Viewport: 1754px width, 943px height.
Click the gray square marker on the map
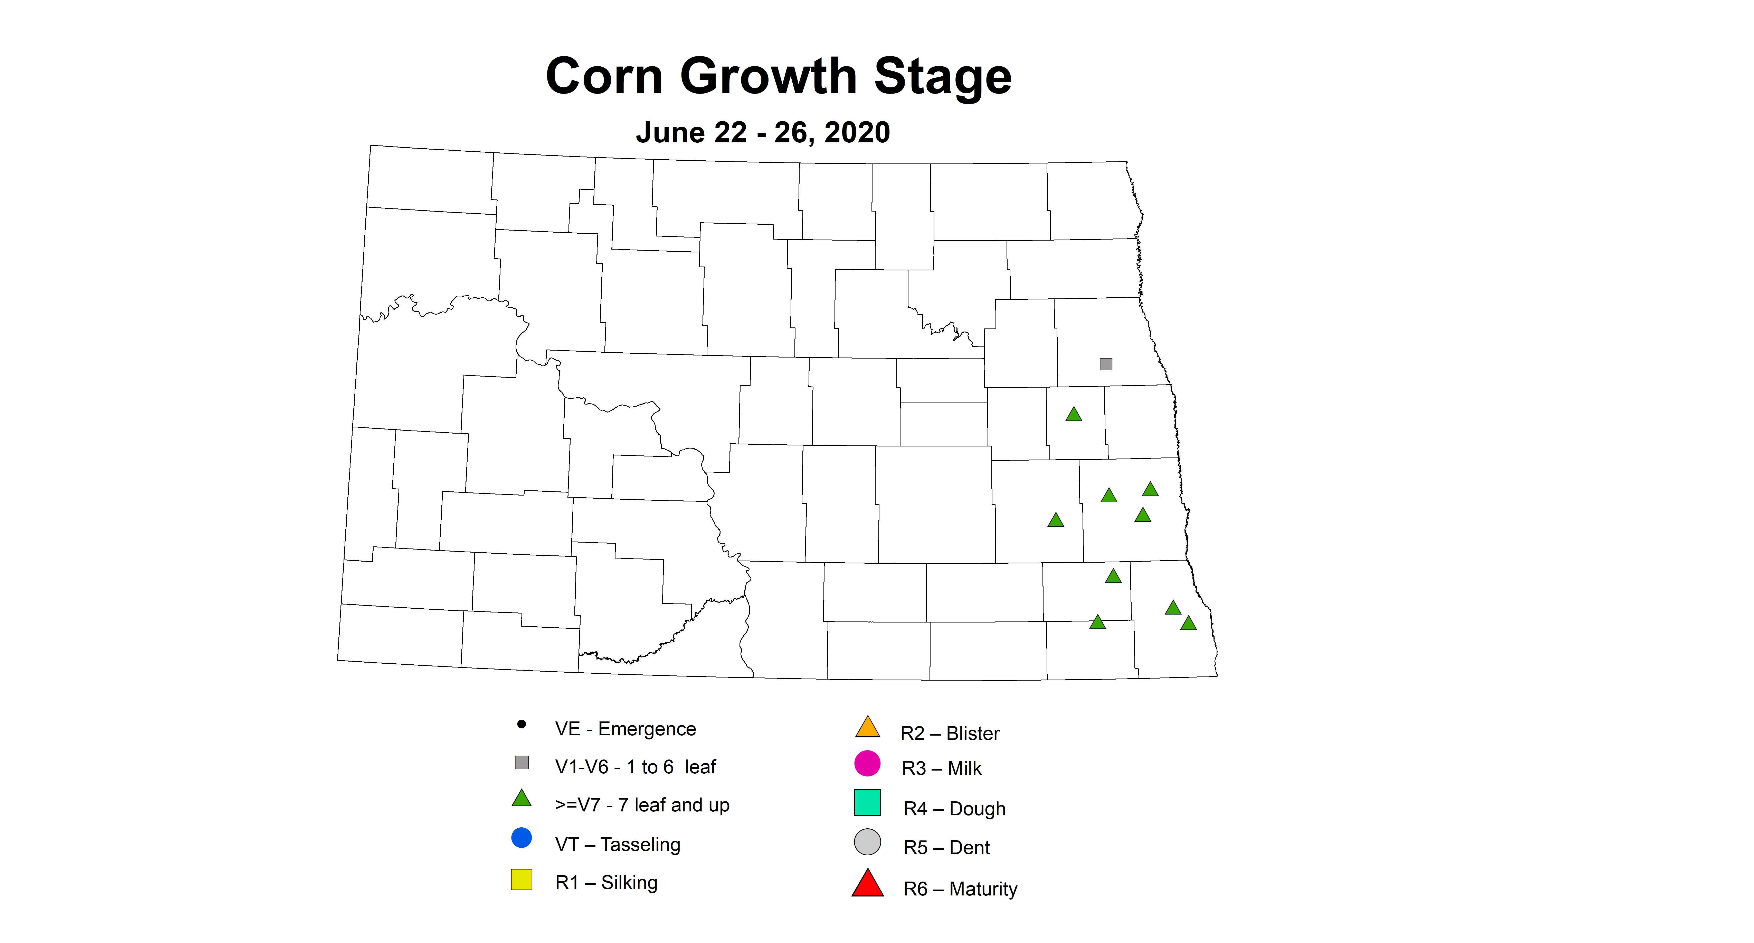click(1106, 364)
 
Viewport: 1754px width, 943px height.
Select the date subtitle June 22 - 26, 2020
click(763, 132)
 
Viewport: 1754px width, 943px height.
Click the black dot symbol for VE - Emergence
click(522, 724)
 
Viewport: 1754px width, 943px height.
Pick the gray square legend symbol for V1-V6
click(522, 762)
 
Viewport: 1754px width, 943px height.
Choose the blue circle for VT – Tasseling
click(522, 837)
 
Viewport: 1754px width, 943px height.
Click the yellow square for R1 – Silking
click(522, 880)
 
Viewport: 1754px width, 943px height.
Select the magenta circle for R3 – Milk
click(867, 763)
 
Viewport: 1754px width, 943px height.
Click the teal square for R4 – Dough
click(867, 803)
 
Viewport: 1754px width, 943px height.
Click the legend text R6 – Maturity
click(960, 889)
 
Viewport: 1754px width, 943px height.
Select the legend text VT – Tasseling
click(618, 845)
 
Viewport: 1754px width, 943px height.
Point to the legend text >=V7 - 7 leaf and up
click(642, 805)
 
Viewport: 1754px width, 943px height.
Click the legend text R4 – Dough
click(954, 809)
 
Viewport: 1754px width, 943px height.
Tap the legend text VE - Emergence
click(625, 729)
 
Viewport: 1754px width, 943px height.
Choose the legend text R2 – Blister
click(950, 734)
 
